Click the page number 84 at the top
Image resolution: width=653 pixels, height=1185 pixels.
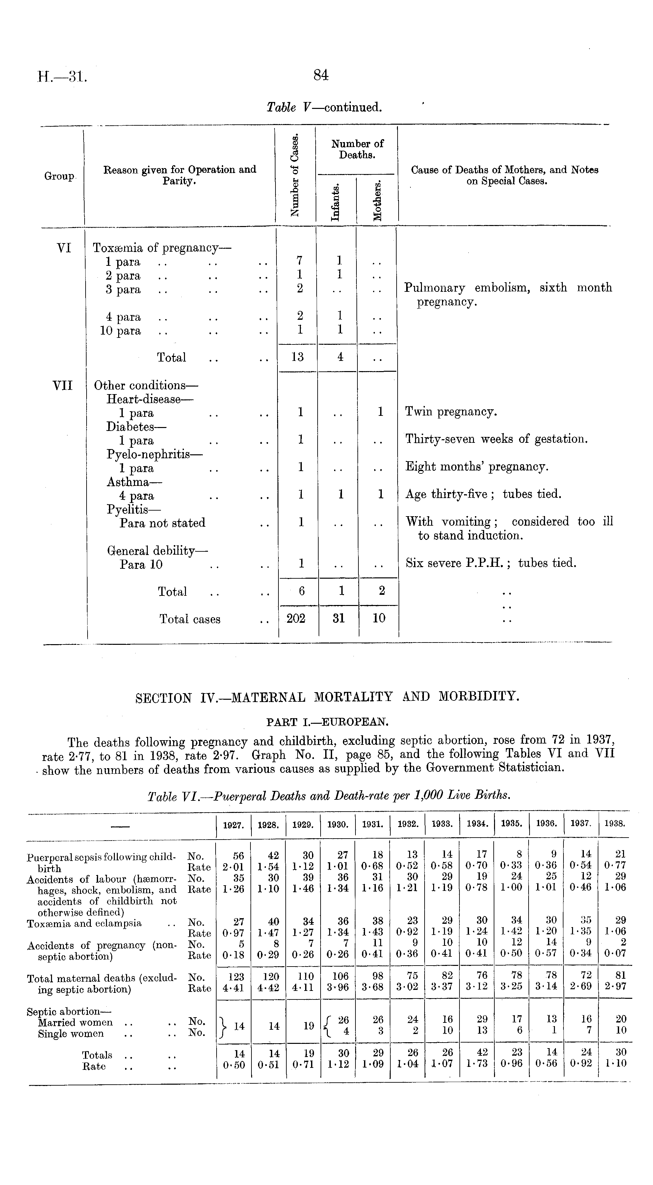321,75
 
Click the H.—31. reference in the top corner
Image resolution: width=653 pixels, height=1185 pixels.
62,76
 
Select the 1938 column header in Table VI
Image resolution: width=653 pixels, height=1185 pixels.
615,824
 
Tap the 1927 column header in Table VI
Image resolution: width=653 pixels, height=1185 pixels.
233,825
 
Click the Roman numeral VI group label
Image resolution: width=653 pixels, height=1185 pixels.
64,248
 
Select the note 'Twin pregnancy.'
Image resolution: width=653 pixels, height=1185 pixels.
451,411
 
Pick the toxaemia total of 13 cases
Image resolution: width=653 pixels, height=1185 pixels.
297,357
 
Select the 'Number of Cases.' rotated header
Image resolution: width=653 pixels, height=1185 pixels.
295,175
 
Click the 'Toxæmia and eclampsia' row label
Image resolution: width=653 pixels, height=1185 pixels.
84,923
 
